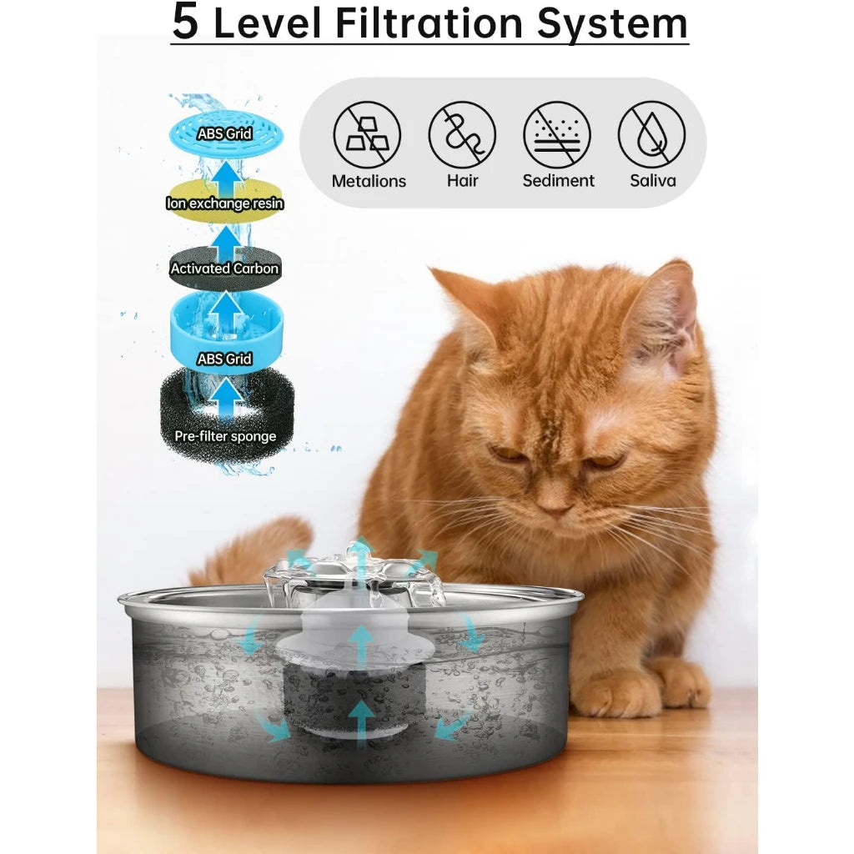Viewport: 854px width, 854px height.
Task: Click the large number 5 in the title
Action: [x=185, y=23]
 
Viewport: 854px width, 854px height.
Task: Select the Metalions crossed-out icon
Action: [x=368, y=135]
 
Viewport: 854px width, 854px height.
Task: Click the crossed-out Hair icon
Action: [x=462, y=135]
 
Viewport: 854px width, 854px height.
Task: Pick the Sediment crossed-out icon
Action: [x=557, y=135]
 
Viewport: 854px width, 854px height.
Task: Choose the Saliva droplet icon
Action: [x=651, y=135]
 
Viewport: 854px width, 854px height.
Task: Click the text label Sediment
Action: [x=558, y=181]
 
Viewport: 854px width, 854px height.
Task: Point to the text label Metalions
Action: [x=369, y=181]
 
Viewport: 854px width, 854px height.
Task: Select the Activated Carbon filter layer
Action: [x=224, y=269]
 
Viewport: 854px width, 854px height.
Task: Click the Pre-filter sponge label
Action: [x=225, y=436]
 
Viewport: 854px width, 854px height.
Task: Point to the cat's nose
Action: [x=553, y=504]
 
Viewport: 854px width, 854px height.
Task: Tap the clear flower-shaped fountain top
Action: [x=354, y=575]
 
